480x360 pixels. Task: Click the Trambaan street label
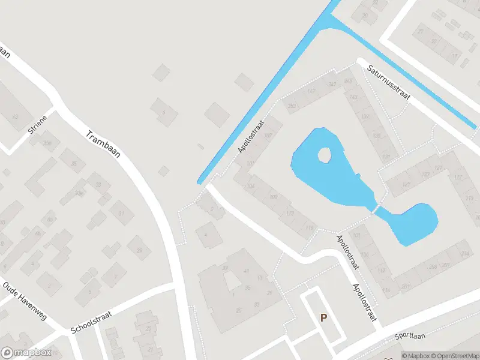[103, 144]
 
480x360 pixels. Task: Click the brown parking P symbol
[323, 318]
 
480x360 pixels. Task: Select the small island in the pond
[324, 155]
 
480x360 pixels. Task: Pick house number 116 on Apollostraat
[310, 228]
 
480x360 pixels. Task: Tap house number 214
[464, 254]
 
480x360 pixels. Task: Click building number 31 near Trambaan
[121, 213]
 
